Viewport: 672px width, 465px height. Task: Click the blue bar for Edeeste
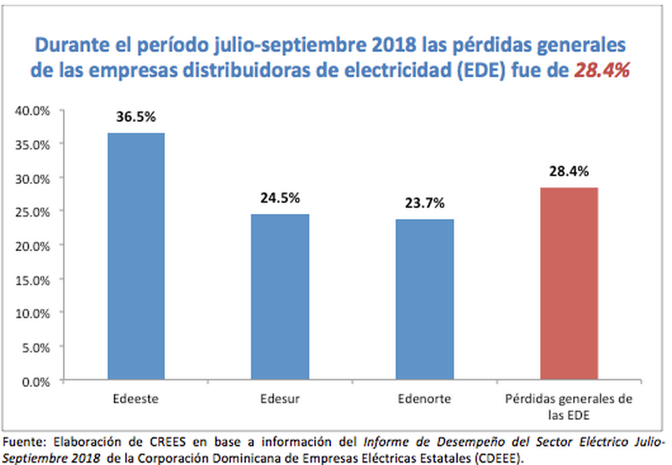click(135, 256)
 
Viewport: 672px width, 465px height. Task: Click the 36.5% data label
click(135, 117)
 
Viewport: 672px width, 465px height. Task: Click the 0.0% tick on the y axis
click(37, 381)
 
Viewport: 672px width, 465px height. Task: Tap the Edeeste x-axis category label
click(135, 398)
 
